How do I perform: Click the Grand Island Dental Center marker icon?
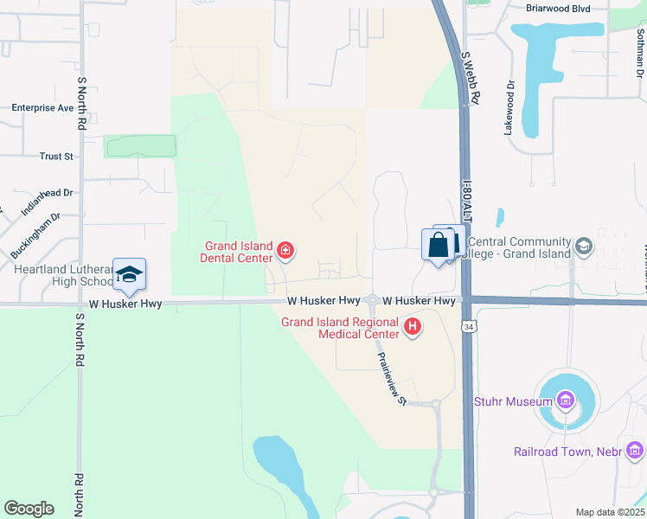285,252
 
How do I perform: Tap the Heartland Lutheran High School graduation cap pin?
129,274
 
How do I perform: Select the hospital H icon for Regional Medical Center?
413,326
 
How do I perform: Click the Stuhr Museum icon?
566,400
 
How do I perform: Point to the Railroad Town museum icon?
636,450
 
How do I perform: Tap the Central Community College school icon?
584,247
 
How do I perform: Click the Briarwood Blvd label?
558,8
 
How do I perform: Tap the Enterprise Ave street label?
42,108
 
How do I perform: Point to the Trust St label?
56,157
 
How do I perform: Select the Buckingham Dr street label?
35,236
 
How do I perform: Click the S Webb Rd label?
471,77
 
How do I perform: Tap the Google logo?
29,509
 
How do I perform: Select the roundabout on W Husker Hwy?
372,300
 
